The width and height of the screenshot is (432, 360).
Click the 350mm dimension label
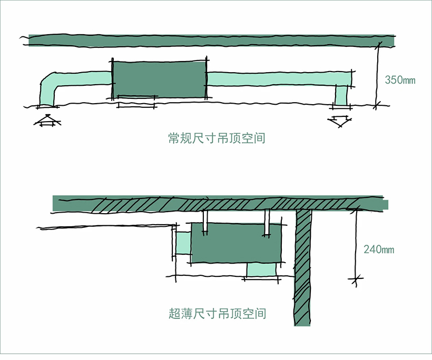(400, 81)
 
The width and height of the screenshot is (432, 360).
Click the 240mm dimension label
(379, 249)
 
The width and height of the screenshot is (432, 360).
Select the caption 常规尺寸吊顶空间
(216, 139)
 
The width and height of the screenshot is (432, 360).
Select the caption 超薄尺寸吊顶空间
(217, 314)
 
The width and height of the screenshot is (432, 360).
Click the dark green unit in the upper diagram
(159, 79)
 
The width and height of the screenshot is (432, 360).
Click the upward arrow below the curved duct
(46, 121)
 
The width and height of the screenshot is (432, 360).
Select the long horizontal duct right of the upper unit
(274, 79)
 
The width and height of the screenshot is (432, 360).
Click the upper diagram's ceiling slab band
(211, 41)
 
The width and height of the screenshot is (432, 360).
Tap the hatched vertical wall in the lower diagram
(303, 268)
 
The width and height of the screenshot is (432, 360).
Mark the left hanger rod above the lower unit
(205, 221)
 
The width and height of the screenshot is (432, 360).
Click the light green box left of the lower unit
(182, 244)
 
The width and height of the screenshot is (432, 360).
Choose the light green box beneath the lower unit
(261, 269)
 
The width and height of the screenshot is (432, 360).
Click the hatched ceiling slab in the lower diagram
(211, 204)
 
